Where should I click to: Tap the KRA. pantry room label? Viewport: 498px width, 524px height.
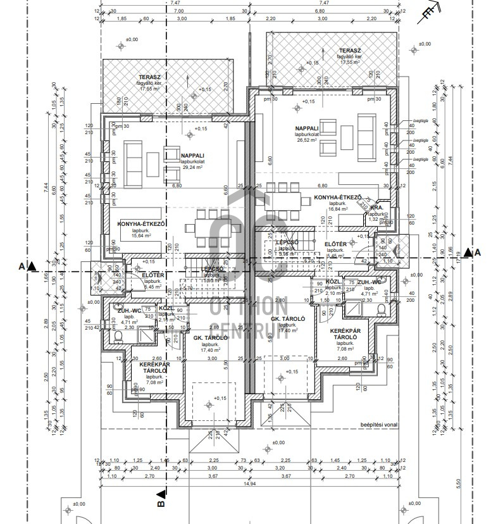[x=377, y=207]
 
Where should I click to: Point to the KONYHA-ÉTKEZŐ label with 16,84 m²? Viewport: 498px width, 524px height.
[x=337, y=197]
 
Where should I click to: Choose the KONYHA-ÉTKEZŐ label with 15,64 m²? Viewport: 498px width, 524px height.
[x=141, y=224]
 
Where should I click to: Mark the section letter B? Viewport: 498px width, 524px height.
[x=161, y=504]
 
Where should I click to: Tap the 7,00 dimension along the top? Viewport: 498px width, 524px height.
[x=179, y=11]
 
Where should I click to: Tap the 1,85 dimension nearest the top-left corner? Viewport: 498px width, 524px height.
[x=122, y=19]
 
